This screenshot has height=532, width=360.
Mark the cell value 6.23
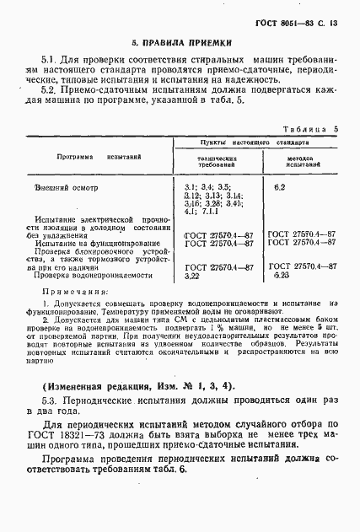click(x=281, y=275)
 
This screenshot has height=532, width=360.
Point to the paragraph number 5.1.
click(x=48, y=62)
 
